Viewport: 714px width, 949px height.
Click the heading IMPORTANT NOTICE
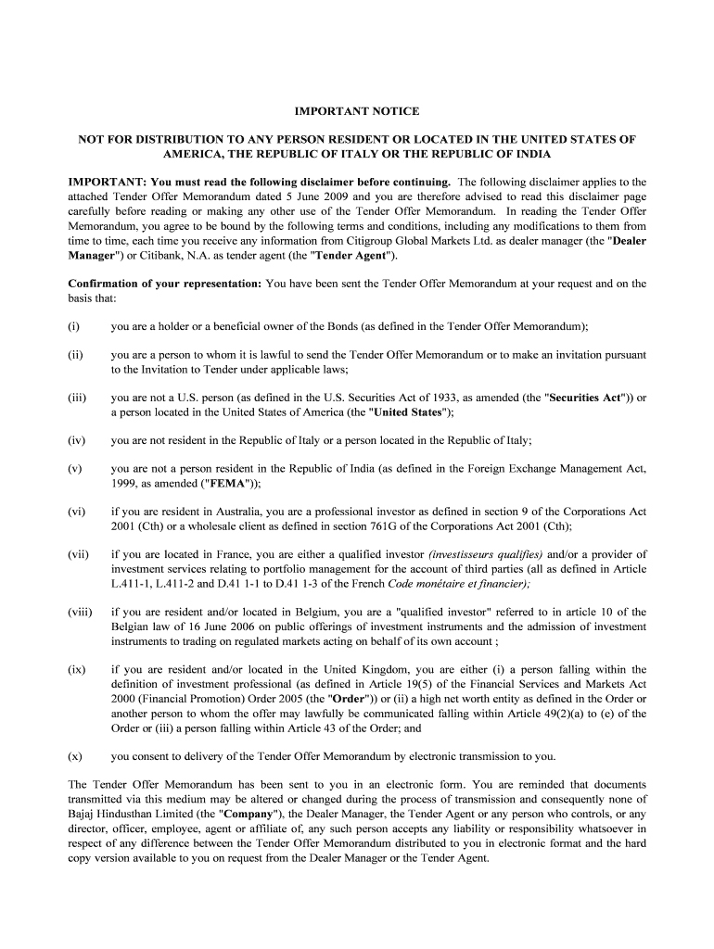(357, 111)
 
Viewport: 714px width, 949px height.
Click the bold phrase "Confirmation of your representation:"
(165, 284)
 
